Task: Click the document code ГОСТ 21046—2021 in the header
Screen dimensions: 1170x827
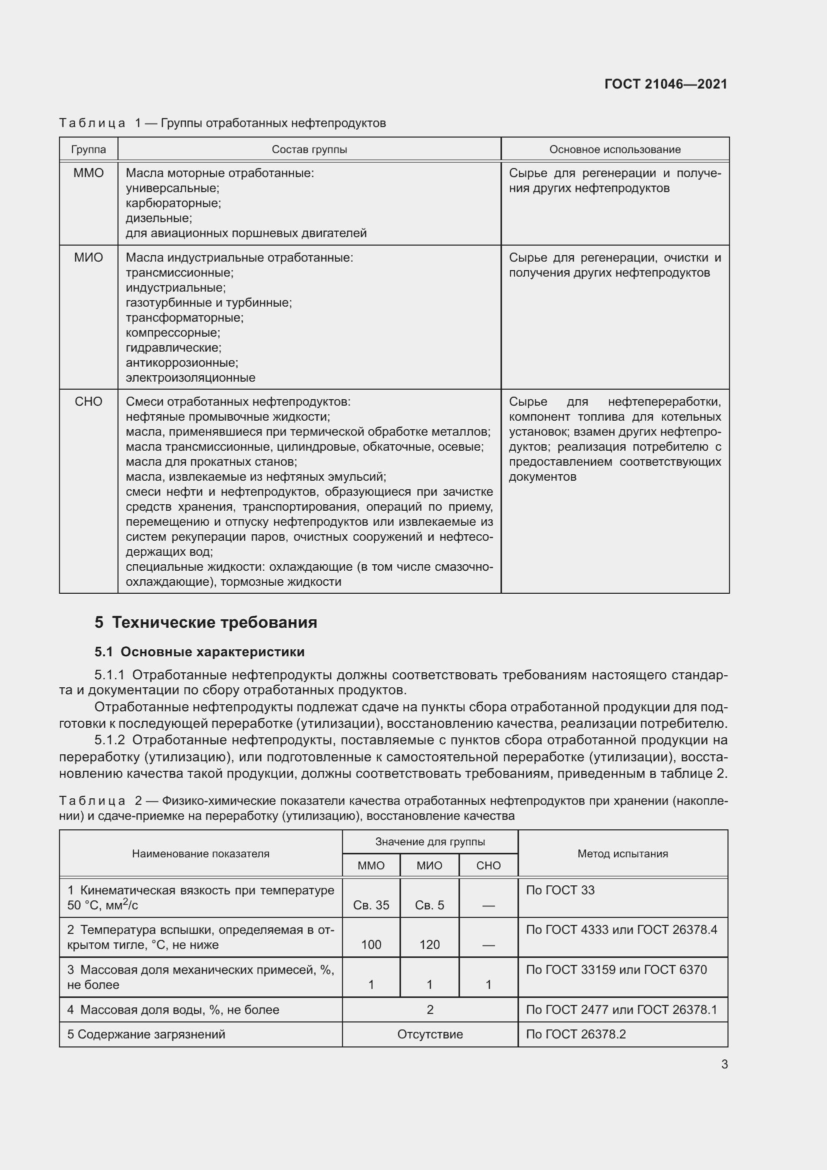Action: click(665, 84)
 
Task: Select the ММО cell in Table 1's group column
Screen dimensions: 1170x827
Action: click(88, 173)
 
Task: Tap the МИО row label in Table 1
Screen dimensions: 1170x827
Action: click(88, 258)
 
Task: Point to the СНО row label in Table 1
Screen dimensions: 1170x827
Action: click(88, 402)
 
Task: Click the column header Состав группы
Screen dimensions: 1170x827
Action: click(309, 149)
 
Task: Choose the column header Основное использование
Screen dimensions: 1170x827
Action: click(614, 149)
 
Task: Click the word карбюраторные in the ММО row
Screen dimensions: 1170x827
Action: click(173, 203)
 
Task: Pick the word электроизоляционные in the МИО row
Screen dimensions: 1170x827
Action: click(190, 378)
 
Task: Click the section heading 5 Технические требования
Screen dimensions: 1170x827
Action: click(205, 622)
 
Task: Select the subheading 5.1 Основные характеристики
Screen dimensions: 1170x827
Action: click(199, 652)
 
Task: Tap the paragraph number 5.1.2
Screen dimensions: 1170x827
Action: click(109, 740)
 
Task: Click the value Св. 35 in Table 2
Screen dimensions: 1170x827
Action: click(370, 905)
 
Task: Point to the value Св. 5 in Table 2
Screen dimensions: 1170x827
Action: click(429, 905)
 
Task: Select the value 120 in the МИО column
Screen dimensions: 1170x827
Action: click(429, 945)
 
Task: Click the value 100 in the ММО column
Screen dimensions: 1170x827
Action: click(370, 945)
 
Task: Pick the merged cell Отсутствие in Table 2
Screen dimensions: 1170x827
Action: click(430, 1034)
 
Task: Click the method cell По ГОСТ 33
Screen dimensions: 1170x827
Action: click(560, 890)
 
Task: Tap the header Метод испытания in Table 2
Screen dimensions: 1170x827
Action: click(622, 853)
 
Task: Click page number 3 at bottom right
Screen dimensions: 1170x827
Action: click(724, 1064)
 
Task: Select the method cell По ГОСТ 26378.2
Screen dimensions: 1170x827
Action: click(575, 1034)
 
